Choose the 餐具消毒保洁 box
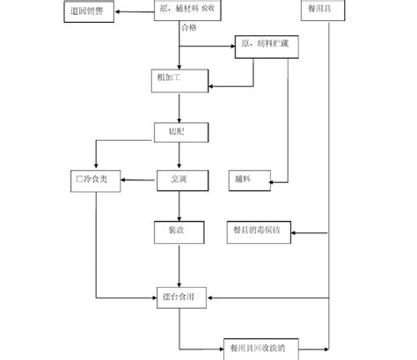coord(257,232)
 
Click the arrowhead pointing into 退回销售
coord(117,11)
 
